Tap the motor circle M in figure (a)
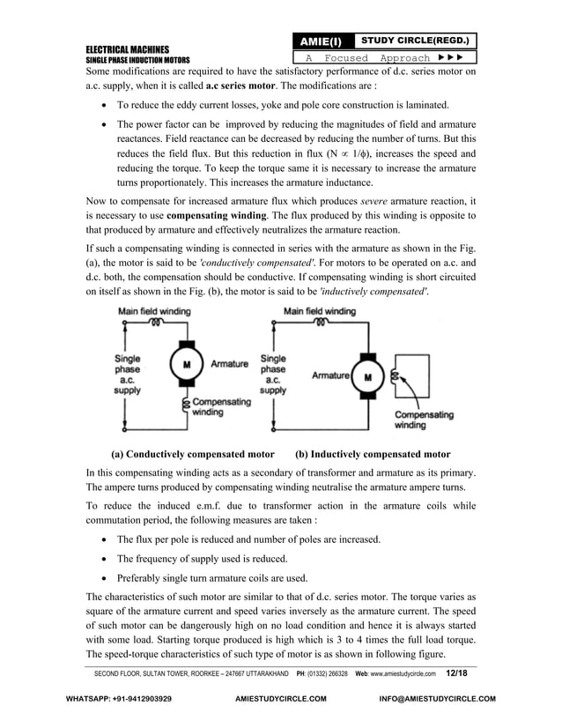186,363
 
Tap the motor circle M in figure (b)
368,376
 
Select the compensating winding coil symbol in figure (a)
186,405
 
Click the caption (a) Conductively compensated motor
192,455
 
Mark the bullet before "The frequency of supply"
107,559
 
